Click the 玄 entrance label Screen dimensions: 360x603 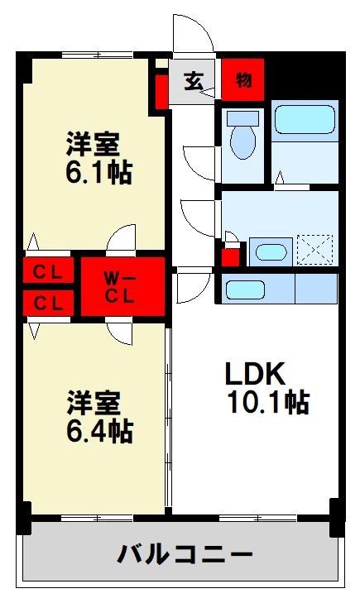click(x=194, y=81)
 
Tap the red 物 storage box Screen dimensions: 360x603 click(x=243, y=80)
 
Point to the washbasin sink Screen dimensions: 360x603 click(x=271, y=252)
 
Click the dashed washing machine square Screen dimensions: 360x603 click(x=315, y=250)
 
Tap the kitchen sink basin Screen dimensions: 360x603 click(x=245, y=290)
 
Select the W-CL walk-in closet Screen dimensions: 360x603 click(x=122, y=286)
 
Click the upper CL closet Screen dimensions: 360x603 click(x=49, y=270)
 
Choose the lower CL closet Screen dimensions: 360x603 click(x=49, y=303)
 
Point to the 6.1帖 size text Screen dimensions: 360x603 click(x=99, y=174)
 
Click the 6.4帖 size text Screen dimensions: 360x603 click(x=100, y=432)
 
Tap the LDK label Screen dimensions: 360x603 click(x=256, y=373)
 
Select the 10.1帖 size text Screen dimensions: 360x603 click(x=268, y=403)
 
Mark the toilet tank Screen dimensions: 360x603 click(x=242, y=118)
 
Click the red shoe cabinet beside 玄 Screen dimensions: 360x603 click(x=162, y=93)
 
